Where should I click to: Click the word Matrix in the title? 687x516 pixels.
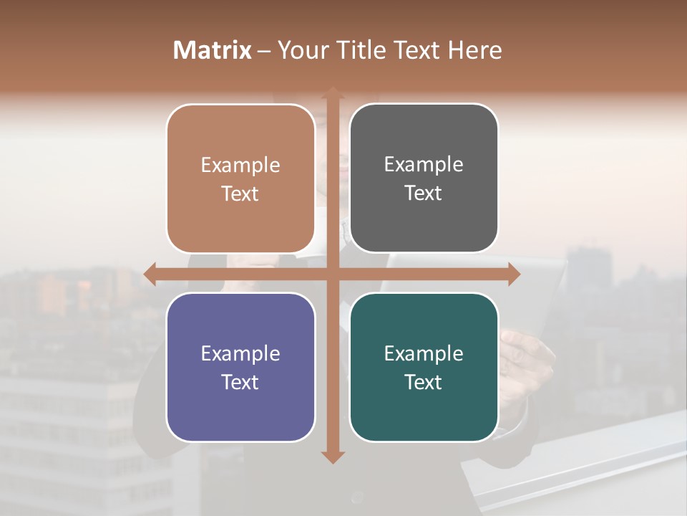click(213, 50)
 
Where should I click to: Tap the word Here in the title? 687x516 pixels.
click(475, 50)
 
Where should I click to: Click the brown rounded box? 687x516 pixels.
click(240, 215)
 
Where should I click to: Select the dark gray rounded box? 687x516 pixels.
click(424, 222)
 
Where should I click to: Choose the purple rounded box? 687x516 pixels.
click(240, 408)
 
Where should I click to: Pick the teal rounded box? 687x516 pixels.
click(424, 408)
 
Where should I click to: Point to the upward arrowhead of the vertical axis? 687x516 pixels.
click(332, 94)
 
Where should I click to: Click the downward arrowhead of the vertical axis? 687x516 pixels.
click(332, 457)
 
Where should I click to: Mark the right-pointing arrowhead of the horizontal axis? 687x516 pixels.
click(513, 274)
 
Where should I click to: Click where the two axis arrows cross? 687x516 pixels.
click(332, 274)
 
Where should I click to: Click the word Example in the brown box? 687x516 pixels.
click(240, 166)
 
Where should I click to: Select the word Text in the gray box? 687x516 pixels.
click(424, 193)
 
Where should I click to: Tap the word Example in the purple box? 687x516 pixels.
click(240, 354)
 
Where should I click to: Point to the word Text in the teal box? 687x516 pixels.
click(424, 382)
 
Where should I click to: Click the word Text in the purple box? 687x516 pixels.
click(240, 382)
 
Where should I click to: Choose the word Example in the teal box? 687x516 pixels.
click(424, 354)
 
